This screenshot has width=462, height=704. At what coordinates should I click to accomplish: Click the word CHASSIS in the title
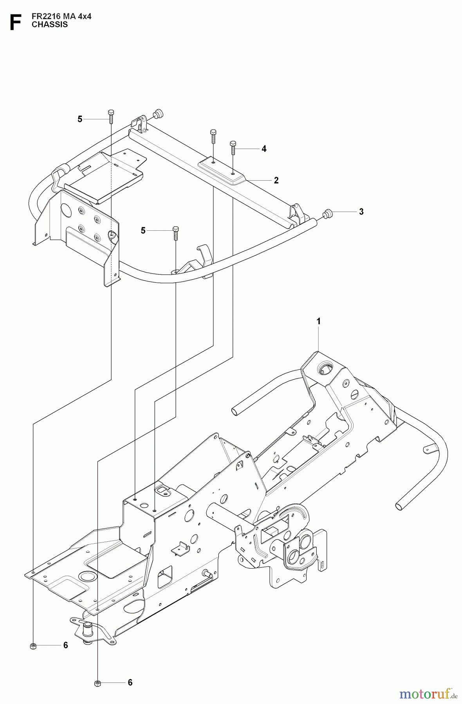tap(50, 25)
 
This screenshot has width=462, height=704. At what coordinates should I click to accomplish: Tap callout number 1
tap(319, 321)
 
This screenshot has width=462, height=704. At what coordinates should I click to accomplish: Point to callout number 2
tap(276, 180)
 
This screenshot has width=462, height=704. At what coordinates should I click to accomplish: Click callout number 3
tap(361, 212)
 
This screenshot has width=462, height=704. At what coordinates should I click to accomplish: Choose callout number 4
tap(264, 149)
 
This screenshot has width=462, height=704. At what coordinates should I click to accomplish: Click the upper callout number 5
tap(80, 119)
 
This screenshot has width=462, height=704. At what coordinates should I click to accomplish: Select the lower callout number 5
tap(143, 231)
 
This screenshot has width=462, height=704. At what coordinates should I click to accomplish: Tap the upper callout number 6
tap(65, 645)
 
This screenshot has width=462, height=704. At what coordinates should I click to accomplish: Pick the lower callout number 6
tap(130, 682)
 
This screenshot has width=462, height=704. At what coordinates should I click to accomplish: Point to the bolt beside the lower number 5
tap(175, 232)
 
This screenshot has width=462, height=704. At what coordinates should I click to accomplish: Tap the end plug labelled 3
tap(327, 214)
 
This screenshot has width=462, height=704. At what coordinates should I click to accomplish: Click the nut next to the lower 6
tap(97, 683)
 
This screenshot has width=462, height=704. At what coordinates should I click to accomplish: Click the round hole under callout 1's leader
tap(325, 368)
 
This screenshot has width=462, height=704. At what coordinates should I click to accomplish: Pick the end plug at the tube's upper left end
tap(159, 114)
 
